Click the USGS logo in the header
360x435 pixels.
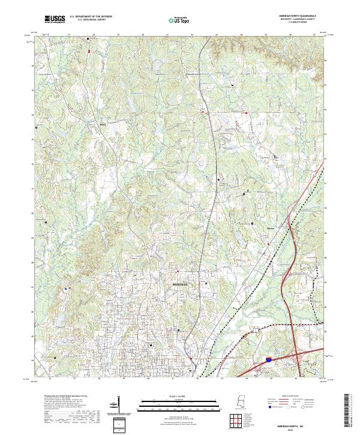(x=55, y=19)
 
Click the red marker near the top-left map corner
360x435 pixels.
(x=88, y=52)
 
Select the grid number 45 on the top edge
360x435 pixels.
(x=266, y=35)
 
